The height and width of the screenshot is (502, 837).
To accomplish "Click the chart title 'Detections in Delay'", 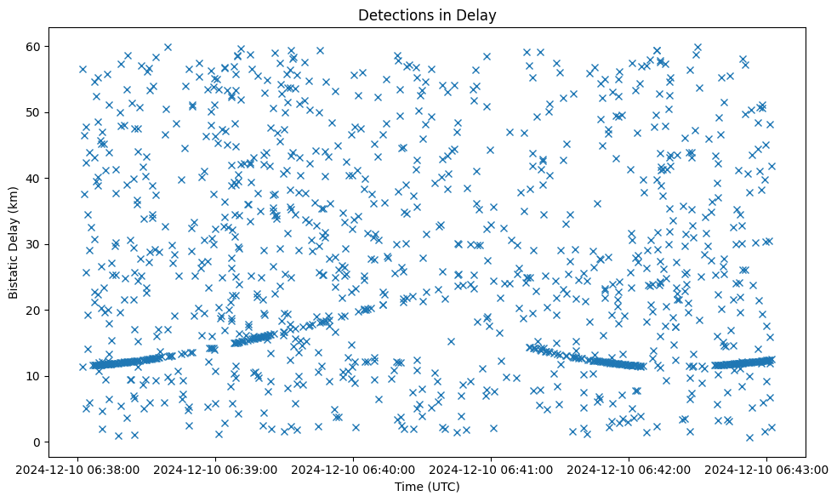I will tap(427, 14).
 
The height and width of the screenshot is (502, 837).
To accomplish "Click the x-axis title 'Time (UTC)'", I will tap(427, 487).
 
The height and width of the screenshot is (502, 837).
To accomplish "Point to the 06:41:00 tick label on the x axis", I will tap(491, 469).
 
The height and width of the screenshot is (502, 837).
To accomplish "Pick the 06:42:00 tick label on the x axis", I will tap(629, 469).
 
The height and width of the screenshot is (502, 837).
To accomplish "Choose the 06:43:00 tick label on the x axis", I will tap(767, 469).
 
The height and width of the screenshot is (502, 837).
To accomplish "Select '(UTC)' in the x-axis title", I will tap(442, 487).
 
